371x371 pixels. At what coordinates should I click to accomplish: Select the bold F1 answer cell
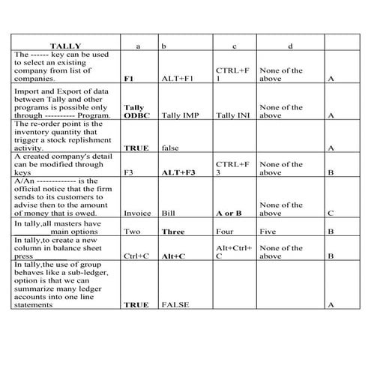pos(129,77)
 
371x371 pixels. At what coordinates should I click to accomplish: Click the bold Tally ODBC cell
pos(134,112)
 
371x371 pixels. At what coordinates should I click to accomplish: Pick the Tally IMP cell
pos(180,116)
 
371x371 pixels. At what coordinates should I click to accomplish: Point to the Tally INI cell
pos(231,116)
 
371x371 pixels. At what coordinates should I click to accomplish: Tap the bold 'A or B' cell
pos(229,212)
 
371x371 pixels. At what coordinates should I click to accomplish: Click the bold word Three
pos(173,232)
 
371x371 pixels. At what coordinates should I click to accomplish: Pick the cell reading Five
pos(268,232)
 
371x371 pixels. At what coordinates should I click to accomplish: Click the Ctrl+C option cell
pos(136,256)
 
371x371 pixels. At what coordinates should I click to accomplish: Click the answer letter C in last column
pos(331,212)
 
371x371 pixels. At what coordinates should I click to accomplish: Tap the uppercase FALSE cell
pos(175,304)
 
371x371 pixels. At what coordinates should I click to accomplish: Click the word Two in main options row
pos(131,232)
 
